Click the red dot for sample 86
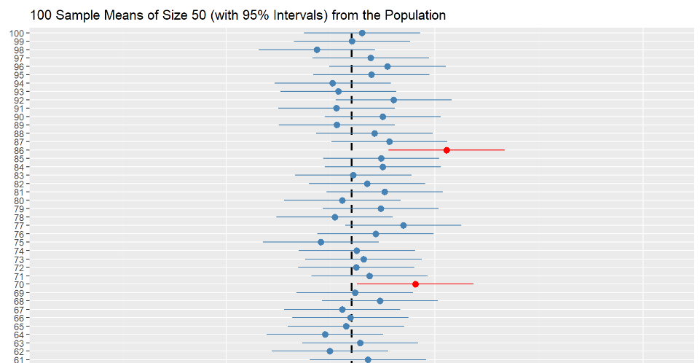[x=447, y=150]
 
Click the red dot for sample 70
[x=415, y=284]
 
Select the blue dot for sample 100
[x=362, y=33]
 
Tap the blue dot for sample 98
[x=317, y=50]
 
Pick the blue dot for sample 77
[x=404, y=225]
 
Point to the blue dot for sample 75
[x=321, y=242]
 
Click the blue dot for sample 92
[x=393, y=100]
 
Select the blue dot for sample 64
[x=326, y=335]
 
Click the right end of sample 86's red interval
[x=504, y=150]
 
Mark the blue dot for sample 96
[x=388, y=66]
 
